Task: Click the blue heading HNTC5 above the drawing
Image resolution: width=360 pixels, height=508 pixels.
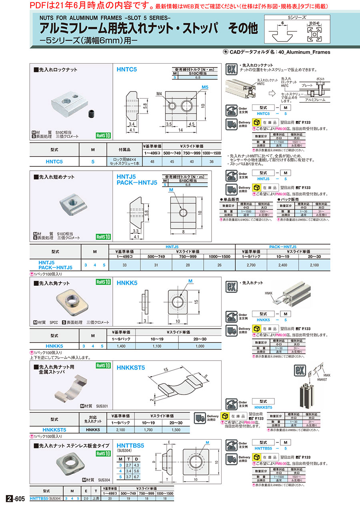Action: [x=127, y=69]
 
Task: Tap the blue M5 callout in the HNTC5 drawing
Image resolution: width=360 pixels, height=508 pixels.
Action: [x=205, y=87]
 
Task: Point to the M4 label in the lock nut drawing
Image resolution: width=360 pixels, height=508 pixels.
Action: [x=159, y=94]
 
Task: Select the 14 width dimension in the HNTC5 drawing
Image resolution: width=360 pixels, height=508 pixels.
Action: [x=180, y=130]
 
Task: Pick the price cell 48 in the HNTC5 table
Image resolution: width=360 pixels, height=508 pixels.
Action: [x=152, y=161]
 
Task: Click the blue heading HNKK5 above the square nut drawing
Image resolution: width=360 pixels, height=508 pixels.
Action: [x=127, y=283]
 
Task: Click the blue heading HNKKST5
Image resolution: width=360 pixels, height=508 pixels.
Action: [x=131, y=367]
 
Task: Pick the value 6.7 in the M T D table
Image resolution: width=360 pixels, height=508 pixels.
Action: [x=136, y=477]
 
